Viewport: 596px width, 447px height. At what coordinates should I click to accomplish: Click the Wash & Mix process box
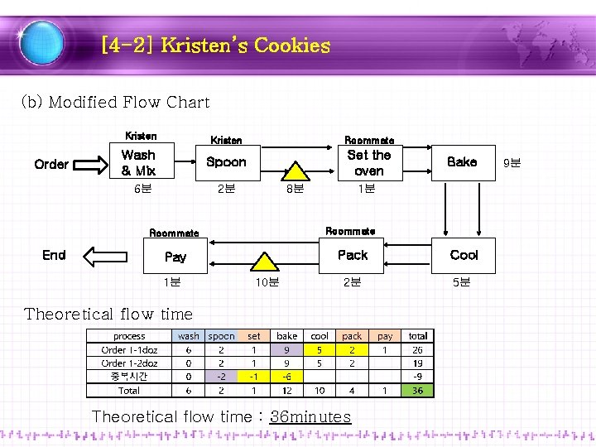click(x=138, y=162)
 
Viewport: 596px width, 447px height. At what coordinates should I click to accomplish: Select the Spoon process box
click(x=226, y=162)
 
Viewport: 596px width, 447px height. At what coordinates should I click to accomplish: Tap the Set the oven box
click(x=368, y=162)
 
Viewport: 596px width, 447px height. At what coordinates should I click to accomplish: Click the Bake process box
click(x=461, y=162)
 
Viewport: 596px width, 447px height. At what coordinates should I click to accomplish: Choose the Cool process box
click(x=464, y=255)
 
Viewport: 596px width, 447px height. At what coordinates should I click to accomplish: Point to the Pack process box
click(x=353, y=255)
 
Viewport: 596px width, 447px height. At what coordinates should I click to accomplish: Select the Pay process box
click(x=175, y=257)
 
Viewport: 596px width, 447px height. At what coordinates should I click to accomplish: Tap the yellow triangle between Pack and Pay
click(x=265, y=261)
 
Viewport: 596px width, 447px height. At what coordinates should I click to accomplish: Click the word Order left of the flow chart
click(x=51, y=164)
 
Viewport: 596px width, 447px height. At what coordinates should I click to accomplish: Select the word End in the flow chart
click(x=54, y=255)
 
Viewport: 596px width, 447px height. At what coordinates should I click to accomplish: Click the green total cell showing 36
click(x=418, y=390)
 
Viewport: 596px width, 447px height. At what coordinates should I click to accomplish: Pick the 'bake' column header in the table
click(x=287, y=336)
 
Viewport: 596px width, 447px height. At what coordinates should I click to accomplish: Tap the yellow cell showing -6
click(x=287, y=377)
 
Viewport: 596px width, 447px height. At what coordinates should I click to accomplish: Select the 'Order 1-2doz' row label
click(x=129, y=363)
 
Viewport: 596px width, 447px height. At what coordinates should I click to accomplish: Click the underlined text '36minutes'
click(x=310, y=416)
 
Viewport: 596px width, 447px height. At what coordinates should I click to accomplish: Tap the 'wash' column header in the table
click(x=188, y=336)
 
